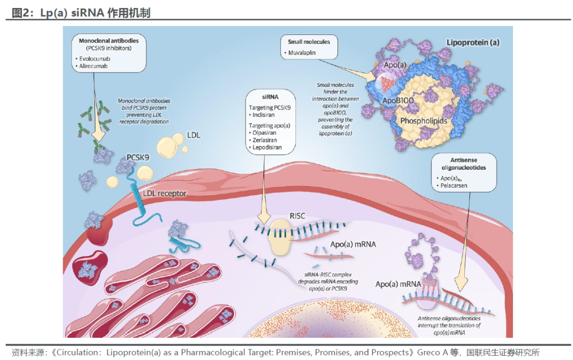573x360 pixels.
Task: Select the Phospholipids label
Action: [423, 121]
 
